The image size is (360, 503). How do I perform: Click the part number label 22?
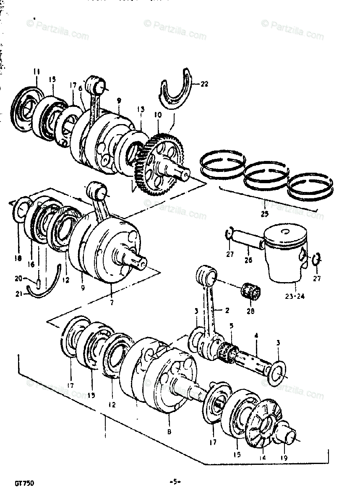pos(204,84)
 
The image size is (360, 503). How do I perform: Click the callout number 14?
pos(263,458)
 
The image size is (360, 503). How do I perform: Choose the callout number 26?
pos(248,260)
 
